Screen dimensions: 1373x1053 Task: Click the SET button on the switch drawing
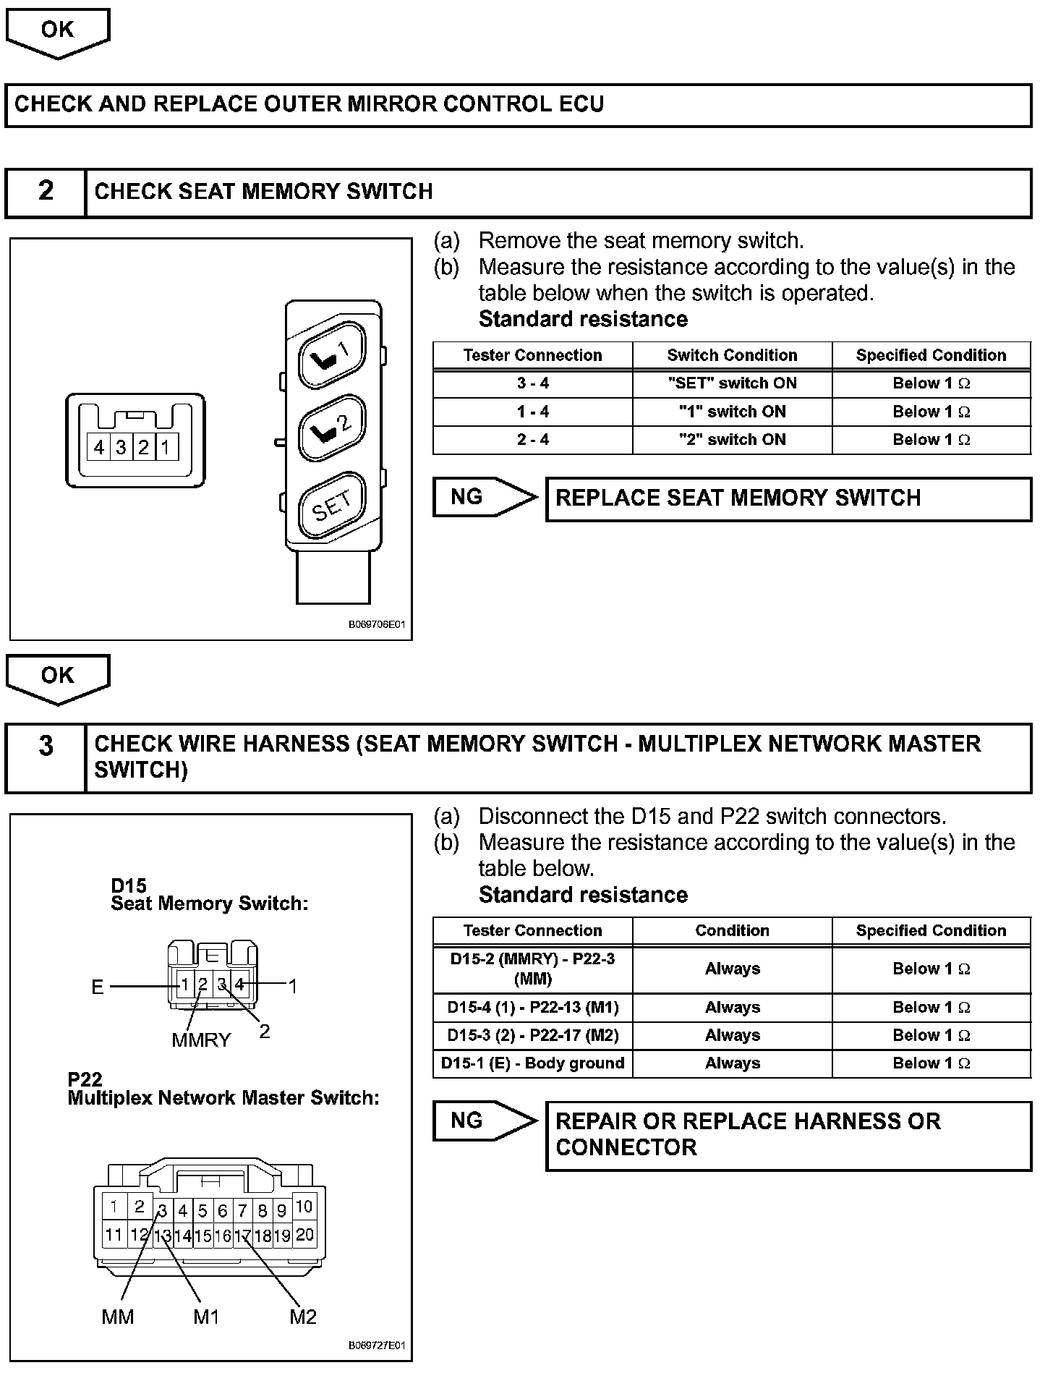pos(332,505)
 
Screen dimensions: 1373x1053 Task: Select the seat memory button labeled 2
pos(332,428)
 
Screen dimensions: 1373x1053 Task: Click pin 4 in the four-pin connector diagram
pos(99,448)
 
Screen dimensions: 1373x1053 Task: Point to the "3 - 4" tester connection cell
pos(533,383)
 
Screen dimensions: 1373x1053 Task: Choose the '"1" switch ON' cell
pos(732,412)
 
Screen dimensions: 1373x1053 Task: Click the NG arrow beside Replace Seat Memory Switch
pos(483,497)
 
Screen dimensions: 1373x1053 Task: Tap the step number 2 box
pos(46,192)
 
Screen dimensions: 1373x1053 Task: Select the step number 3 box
pos(46,746)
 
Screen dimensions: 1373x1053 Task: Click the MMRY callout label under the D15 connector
pos(201,1040)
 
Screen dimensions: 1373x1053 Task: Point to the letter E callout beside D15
pos(98,987)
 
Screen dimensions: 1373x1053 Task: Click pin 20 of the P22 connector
pos(304,1234)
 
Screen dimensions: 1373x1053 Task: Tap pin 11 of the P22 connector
pos(114,1234)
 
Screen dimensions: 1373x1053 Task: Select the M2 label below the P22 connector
pos(303,1317)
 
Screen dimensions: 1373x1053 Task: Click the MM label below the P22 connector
pos(118,1317)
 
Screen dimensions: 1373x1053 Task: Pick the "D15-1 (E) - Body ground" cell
pos(533,1063)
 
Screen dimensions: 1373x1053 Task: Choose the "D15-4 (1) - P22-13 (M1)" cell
pos(533,1007)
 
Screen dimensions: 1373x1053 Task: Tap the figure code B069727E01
pos(377,1346)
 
